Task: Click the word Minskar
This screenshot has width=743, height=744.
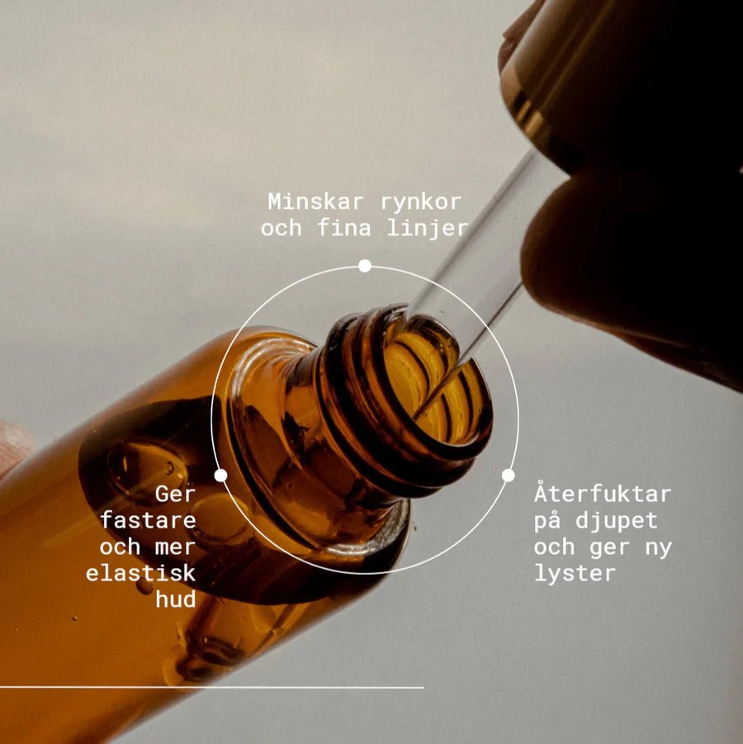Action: pyautogui.click(x=315, y=201)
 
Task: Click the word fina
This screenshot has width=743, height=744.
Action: pyautogui.click(x=344, y=228)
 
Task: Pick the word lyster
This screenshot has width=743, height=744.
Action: pyautogui.click(x=575, y=574)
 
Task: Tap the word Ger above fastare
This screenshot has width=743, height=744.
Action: pyautogui.click(x=175, y=495)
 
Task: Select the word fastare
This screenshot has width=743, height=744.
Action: pyautogui.click(x=148, y=520)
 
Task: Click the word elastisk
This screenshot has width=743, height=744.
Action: pyautogui.click(x=141, y=573)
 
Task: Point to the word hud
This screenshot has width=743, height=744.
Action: pyautogui.click(x=176, y=599)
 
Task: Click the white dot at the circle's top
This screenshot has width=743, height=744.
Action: pyautogui.click(x=364, y=266)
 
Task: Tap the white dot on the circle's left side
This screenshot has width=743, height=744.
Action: pyautogui.click(x=220, y=475)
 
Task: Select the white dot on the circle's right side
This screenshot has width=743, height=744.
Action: pyautogui.click(x=509, y=475)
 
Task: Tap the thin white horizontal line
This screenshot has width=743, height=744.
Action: pyautogui.click(x=212, y=686)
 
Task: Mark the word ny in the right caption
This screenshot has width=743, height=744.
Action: pyautogui.click(x=659, y=548)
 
